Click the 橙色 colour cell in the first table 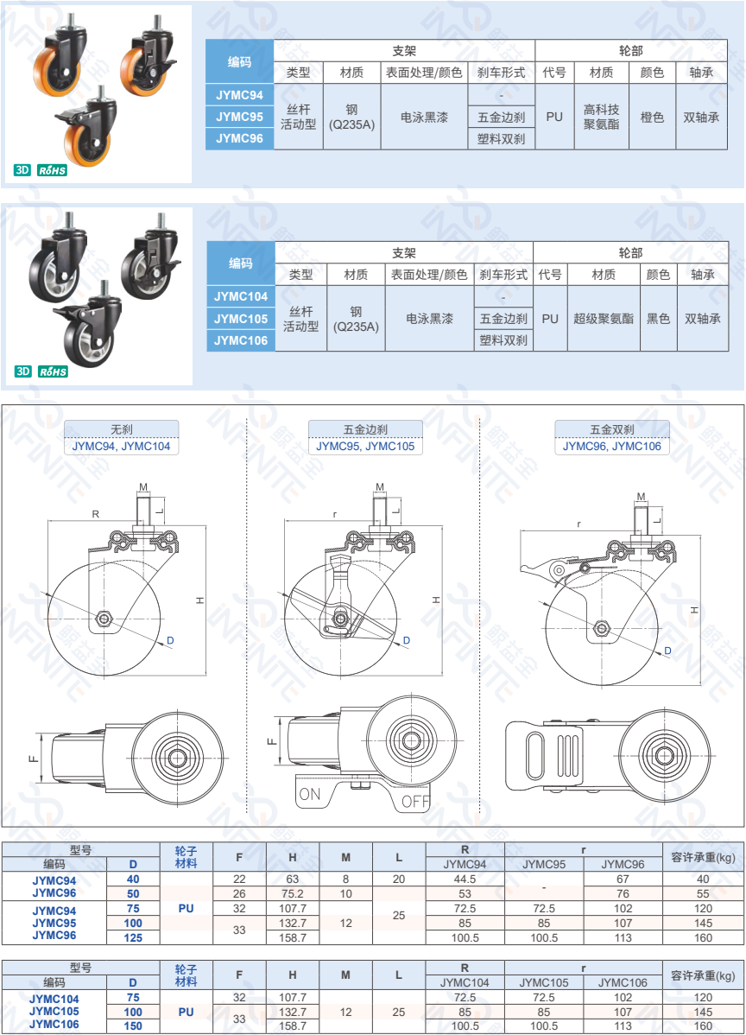coord(652,117)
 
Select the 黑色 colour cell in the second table coord(658,319)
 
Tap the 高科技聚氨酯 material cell coord(601,117)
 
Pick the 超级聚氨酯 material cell coord(603,319)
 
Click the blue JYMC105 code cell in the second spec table coord(241,319)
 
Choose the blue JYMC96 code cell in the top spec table coord(239,138)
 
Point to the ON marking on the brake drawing coord(308,793)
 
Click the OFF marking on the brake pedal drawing coord(415,801)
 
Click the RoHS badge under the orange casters coord(52,170)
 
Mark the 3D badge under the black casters coord(23,372)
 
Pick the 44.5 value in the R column coord(465,879)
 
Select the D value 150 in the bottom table coord(133,1025)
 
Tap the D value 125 coord(133,937)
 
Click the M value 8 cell coord(345,879)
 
